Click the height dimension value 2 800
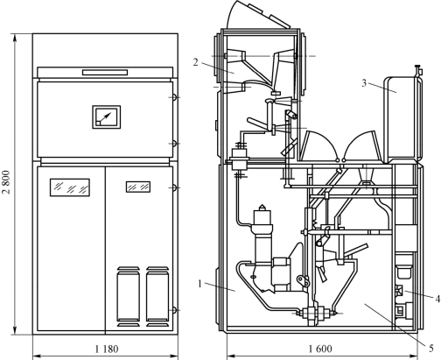6,182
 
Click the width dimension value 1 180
107,349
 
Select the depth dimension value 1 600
320,349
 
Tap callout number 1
199,283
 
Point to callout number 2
195,62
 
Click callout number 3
364,83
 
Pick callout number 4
437,299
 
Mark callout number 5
431,348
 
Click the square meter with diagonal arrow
107,116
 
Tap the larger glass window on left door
70,187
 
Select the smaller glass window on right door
138,187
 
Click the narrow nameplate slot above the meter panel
105,72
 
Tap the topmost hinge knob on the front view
174,97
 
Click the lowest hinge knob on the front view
174,310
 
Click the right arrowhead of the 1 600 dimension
416,356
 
